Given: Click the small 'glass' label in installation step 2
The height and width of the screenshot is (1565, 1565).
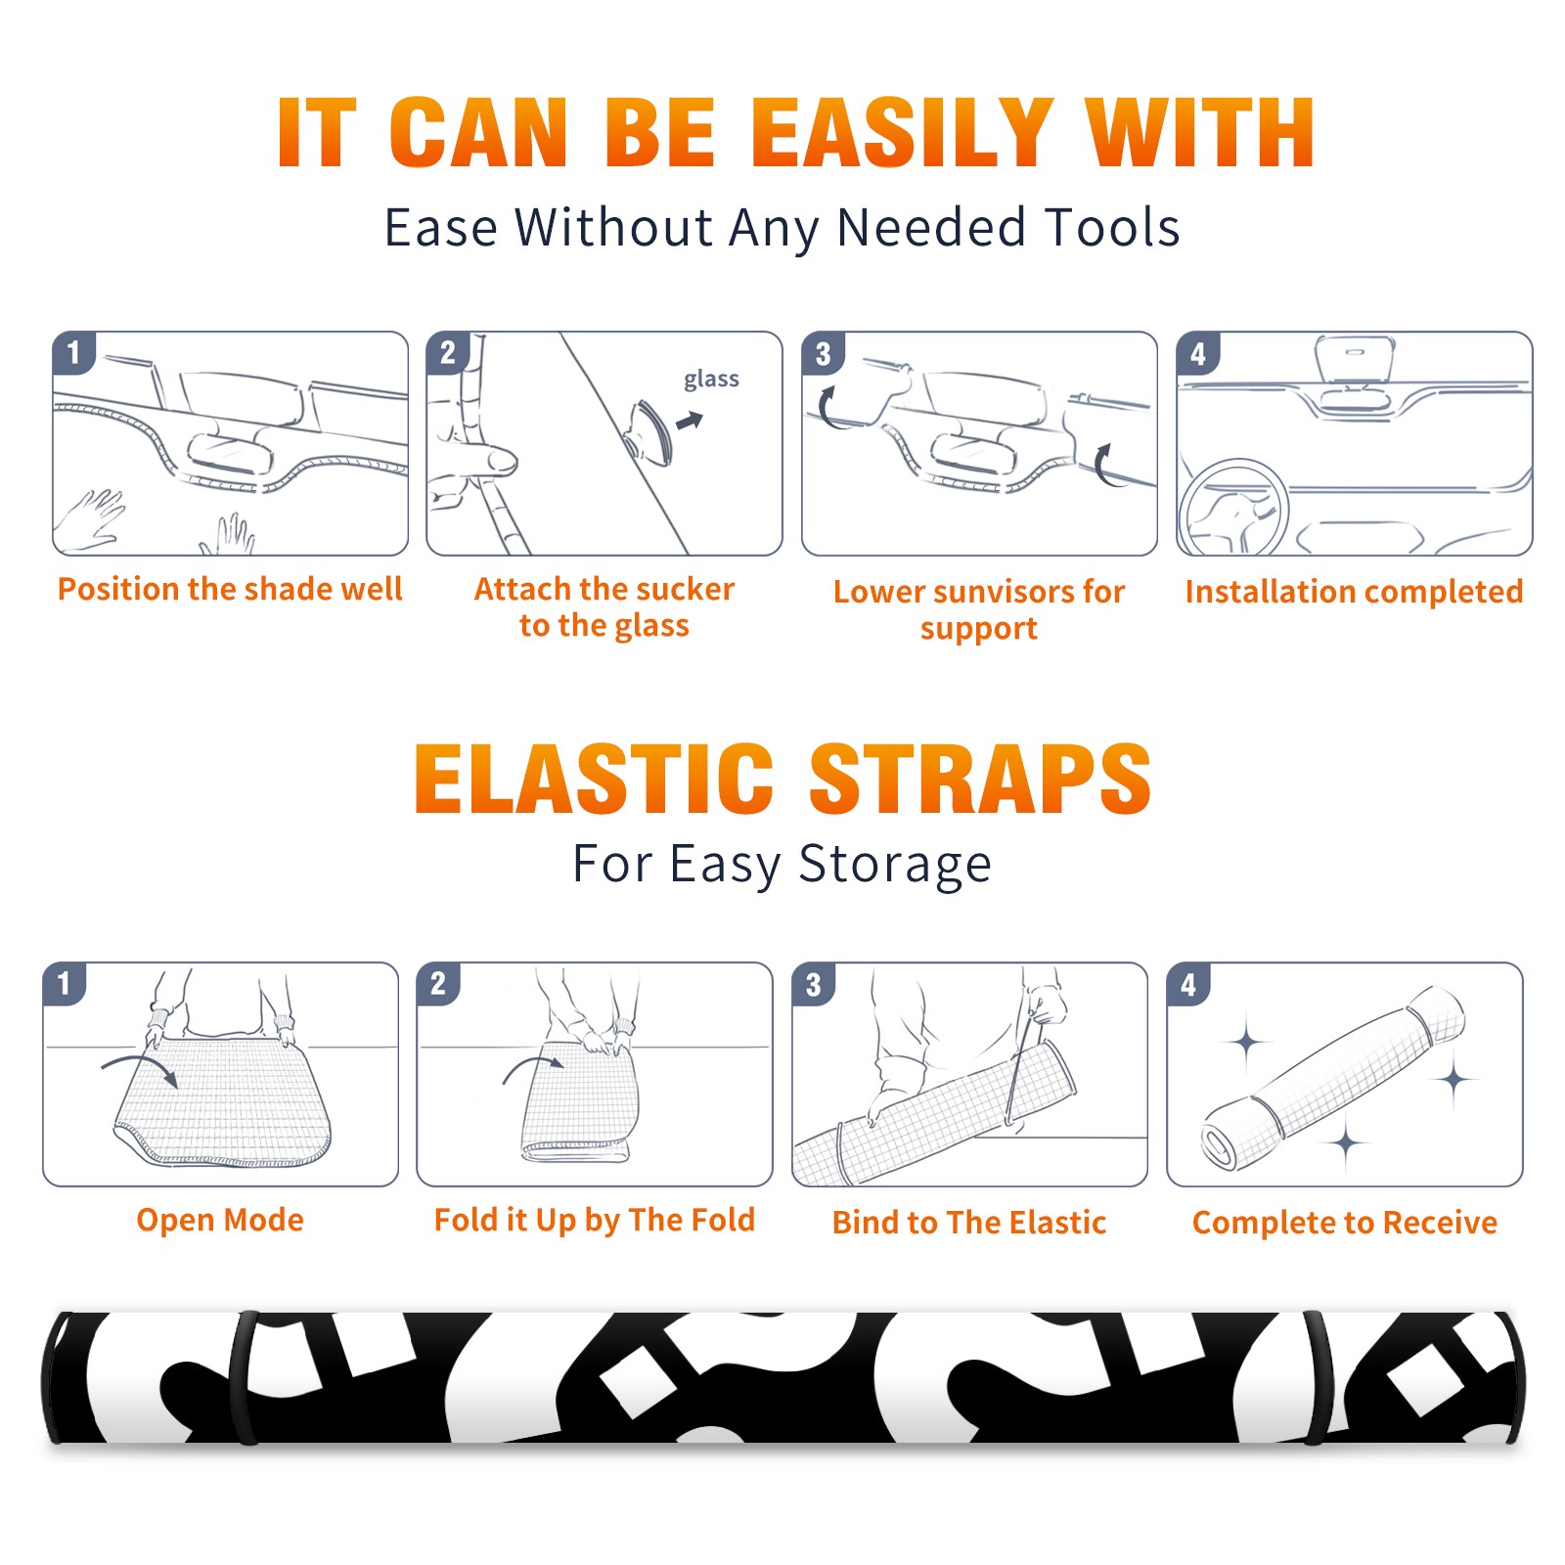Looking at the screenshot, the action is (x=711, y=380).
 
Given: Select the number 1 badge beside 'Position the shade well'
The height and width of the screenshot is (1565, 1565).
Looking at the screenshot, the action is (x=73, y=352).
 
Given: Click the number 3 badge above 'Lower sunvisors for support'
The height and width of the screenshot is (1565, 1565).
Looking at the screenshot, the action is (x=823, y=353).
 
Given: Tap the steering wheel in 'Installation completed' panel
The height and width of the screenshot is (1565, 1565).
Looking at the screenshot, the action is (x=1233, y=508).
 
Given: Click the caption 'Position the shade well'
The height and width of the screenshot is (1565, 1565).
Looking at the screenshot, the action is (x=230, y=589).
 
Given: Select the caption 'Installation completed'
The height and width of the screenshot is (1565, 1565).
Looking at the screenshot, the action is (x=1354, y=592).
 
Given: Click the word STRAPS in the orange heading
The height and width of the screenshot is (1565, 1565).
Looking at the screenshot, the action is (x=980, y=779).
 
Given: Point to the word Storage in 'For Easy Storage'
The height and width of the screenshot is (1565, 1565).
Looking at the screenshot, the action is (x=895, y=865).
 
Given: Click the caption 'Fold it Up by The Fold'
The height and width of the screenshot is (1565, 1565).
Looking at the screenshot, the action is (x=595, y=1221).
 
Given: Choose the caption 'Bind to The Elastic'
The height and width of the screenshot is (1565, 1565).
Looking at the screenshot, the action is (x=969, y=1223).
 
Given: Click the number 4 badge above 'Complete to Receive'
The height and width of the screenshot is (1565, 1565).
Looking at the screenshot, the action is (x=1188, y=984).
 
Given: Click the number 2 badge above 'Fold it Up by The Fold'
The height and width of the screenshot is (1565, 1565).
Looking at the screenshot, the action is (x=438, y=984).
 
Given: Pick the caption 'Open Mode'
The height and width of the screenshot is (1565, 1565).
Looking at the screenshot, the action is (x=220, y=1221).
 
